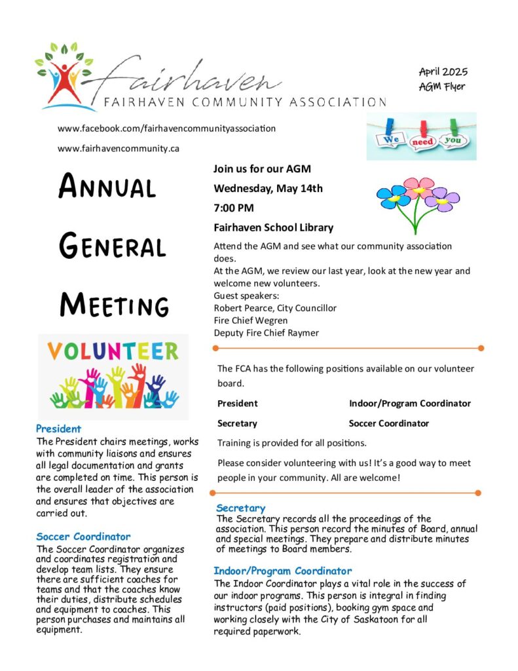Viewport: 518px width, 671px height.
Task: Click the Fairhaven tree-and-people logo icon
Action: [x=64, y=75]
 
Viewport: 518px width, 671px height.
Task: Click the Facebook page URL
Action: [x=166, y=128]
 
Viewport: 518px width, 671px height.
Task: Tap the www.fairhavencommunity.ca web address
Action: [x=119, y=148]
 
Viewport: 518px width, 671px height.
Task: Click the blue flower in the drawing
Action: [x=393, y=196]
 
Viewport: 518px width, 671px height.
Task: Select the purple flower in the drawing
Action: [x=443, y=198]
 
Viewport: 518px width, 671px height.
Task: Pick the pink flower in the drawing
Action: [x=418, y=187]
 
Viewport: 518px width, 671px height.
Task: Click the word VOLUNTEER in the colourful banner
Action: [x=113, y=351]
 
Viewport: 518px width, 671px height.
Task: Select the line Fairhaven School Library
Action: [x=273, y=228]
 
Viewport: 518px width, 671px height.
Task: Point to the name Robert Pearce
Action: [x=242, y=307]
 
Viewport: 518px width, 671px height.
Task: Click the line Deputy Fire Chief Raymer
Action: [x=266, y=332]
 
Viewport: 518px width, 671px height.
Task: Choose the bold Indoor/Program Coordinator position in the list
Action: [x=409, y=404]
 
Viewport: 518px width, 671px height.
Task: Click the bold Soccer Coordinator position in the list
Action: [x=389, y=423]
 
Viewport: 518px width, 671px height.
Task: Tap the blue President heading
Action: [x=59, y=429]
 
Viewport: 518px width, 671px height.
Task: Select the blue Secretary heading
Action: [x=240, y=508]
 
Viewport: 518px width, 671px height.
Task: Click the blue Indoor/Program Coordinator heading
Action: [x=282, y=571]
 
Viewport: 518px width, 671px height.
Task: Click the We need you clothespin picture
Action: [x=421, y=136]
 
